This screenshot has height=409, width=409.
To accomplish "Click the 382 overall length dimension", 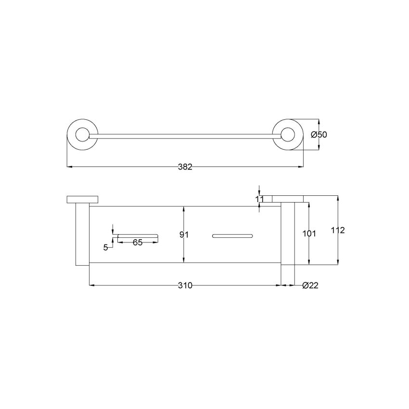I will click(185, 167).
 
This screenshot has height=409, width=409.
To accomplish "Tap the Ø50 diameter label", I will click(319, 135).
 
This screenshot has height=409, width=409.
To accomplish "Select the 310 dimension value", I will click(185, 285).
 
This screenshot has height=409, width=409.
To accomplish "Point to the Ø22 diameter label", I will click(310, 285).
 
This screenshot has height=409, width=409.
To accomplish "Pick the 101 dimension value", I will click(308, 234).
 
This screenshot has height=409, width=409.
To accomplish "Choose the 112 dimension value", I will click(338, 230).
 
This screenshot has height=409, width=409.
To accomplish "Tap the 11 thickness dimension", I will click(260, 198).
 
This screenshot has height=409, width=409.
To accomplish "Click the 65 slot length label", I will click(137, 243).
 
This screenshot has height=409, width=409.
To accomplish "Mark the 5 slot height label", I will click(105, 247).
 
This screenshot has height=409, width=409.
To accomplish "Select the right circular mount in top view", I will click(288, 135).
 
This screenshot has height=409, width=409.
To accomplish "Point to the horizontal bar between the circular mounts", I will click(184, 135).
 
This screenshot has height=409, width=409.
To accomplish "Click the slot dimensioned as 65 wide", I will click(138, 236).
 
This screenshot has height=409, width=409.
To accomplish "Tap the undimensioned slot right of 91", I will click(231, 236).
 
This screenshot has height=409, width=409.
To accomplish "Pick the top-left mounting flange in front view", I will click(83, 200).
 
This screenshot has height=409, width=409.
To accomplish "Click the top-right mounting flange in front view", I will click(288, 199).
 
